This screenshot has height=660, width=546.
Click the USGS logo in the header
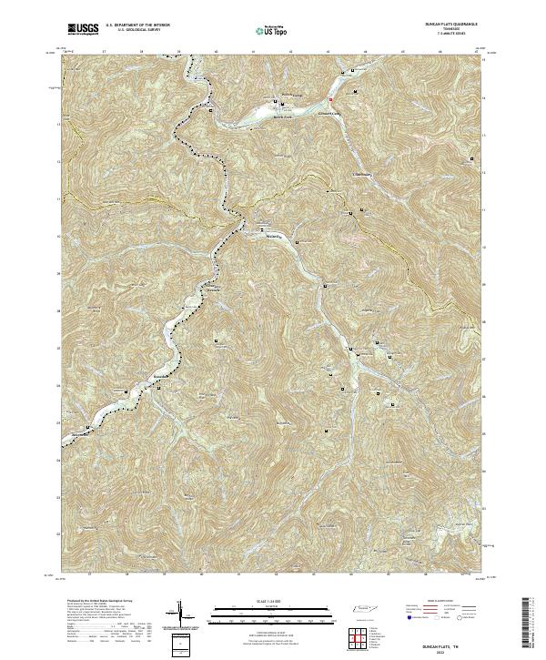(81, 30)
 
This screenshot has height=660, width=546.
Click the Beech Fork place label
(283, 117)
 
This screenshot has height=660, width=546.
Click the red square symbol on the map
(331, 98)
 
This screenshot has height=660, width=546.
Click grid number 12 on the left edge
(59, 161)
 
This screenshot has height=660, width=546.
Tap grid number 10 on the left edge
(59, 236)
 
